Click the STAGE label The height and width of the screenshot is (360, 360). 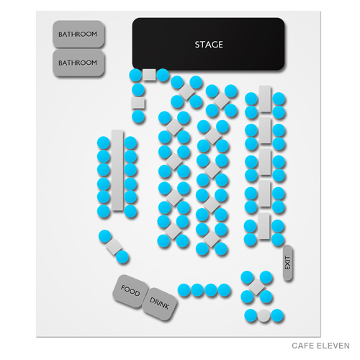pos(208,45)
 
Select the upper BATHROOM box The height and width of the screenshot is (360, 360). pos(78,34)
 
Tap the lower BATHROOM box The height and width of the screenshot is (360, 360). pos(78,63)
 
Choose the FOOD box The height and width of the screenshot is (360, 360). pos(130,292)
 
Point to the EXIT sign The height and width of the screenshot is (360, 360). pos(287,264)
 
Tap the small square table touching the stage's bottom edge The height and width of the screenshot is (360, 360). pos(149,75)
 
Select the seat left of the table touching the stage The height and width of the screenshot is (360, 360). pos(135,75)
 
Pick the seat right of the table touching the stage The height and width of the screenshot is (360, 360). pos(163,75)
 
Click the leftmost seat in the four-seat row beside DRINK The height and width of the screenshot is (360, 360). pos(184,289)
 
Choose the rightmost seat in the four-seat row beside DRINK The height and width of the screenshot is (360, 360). pos(225,289)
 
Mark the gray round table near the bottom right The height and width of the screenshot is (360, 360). pos(264,315)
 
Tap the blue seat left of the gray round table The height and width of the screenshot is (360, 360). pos(251,315)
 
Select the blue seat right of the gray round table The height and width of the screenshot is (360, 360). pos(278,315)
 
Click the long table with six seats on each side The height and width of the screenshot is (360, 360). pos(117,173)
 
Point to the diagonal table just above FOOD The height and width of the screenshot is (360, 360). pos(114,246)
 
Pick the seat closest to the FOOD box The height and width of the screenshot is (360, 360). pos(122,256)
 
